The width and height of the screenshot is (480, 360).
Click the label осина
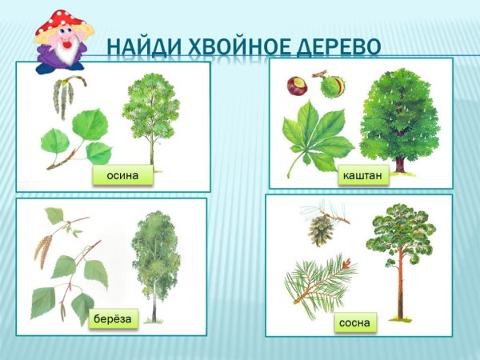[122, 176]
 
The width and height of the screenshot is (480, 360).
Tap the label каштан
[362, 174]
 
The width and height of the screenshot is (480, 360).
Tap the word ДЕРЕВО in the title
[335, 46]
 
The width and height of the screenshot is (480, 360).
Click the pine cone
[322, 230]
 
